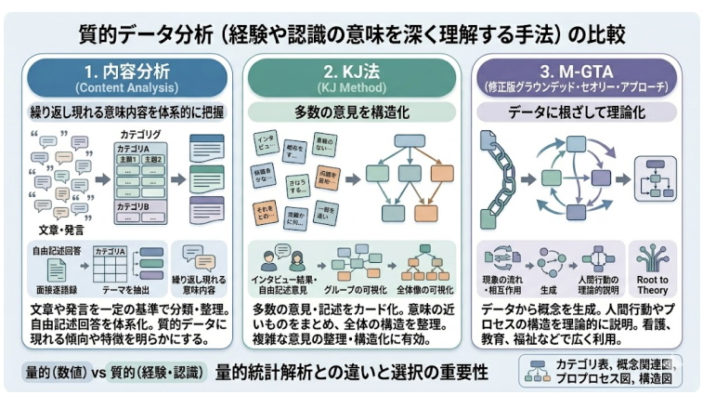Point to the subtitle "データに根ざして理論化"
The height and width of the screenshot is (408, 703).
click(578, 112)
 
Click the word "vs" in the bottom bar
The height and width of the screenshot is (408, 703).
click(98, 373)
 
